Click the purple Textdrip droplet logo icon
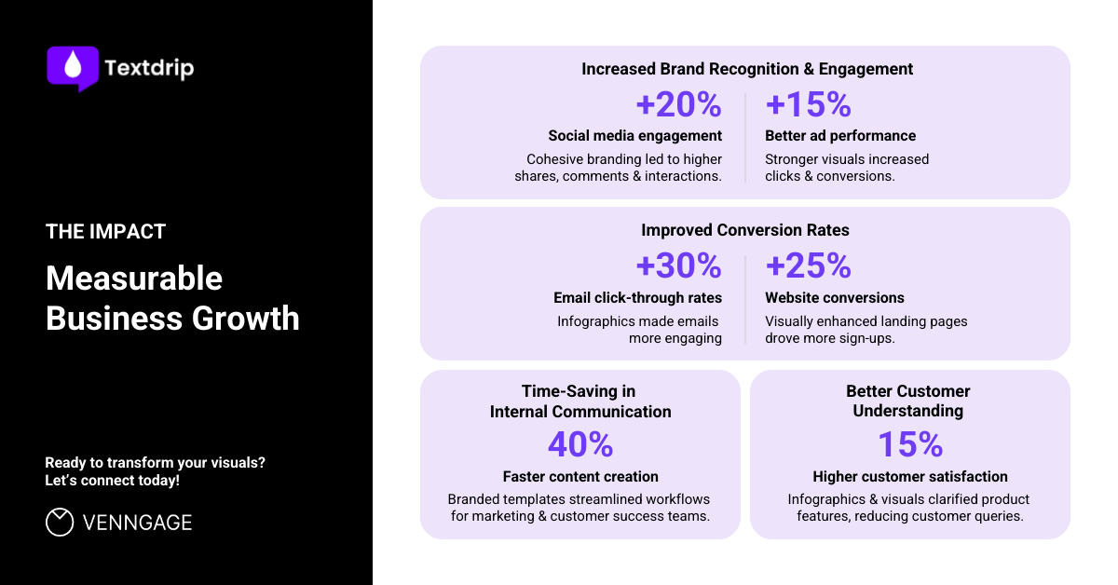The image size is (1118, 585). (x=73, y=67)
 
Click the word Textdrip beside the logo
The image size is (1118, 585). (x=149, y=68)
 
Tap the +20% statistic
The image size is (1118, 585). (x=678, y=104)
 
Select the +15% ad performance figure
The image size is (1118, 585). (x=808, y=104)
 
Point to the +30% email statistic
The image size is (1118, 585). (x=678, y=266)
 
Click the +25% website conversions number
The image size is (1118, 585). (x=808, y=266)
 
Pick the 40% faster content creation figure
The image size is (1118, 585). (x=580, y=444)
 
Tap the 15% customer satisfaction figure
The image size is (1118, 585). (x=909, y=444)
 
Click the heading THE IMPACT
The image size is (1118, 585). (x=105, y=232)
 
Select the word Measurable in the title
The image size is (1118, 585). (x=134, y=279)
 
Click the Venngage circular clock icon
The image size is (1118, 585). (x=60, y=523)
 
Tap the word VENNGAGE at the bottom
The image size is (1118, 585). (x=137, y=523)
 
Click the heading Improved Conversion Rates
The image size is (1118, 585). (x=745, y=230)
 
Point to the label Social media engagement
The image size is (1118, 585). (x=634, y=136)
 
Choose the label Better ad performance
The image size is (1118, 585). (x=840, y=136)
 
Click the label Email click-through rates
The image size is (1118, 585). (x=637, y=298)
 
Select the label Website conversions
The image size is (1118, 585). (x=834, y=298)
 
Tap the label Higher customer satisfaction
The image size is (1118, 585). (x=909, y=476)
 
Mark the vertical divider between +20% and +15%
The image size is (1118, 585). (x=745, y=137)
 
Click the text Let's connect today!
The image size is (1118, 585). (x=113, y=481)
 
